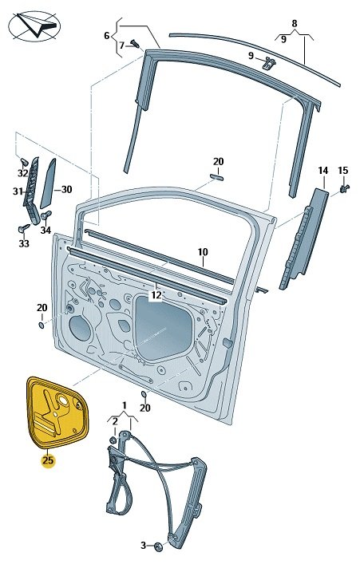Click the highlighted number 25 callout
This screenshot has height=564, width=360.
(x=48, y=460)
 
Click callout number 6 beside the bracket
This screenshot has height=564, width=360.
(x=106, y=36)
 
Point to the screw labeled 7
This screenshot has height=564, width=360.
(x=135, y=44)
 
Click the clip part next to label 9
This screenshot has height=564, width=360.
(x=269, y=62)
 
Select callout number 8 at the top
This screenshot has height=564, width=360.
(x=295, y=24)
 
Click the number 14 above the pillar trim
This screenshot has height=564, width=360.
(x=323, y=171)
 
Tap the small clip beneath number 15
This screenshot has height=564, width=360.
(x=345, y=188)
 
